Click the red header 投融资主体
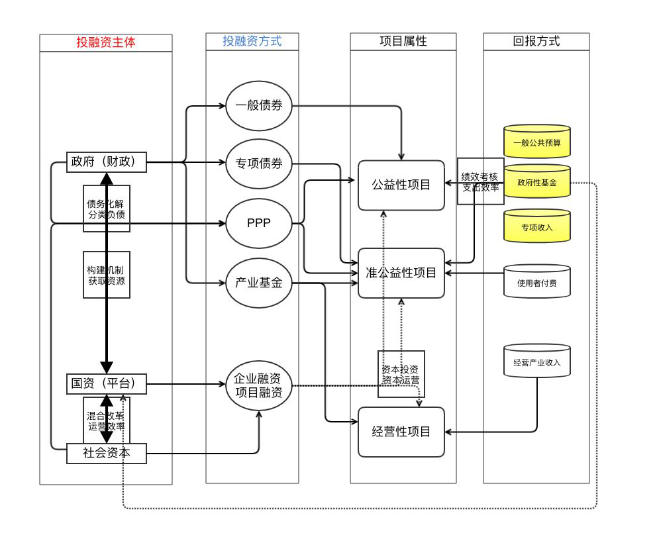click(106, 43)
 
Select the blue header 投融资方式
click(252, 42)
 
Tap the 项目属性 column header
click(403, 42)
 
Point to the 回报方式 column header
click(536, 42)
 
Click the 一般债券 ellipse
click(259, 106)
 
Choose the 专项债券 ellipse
click(259, 164)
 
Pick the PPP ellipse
click(259, 223)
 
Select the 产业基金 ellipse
click(259, 283)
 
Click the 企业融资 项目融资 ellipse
click(259, 385)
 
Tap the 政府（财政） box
click(107, 162)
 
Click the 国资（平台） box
click(107, 384)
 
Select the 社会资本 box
click(107, 454)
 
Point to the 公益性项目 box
click(401, 185)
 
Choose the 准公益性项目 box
click(401, 273)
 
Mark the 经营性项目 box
click(401, 432)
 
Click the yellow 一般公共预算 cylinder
click(537, 142)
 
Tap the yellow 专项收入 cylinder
click(537, 227)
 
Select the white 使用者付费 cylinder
click(537, 283)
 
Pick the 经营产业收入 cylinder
click(537, 362)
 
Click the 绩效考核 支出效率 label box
click(481, 181)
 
